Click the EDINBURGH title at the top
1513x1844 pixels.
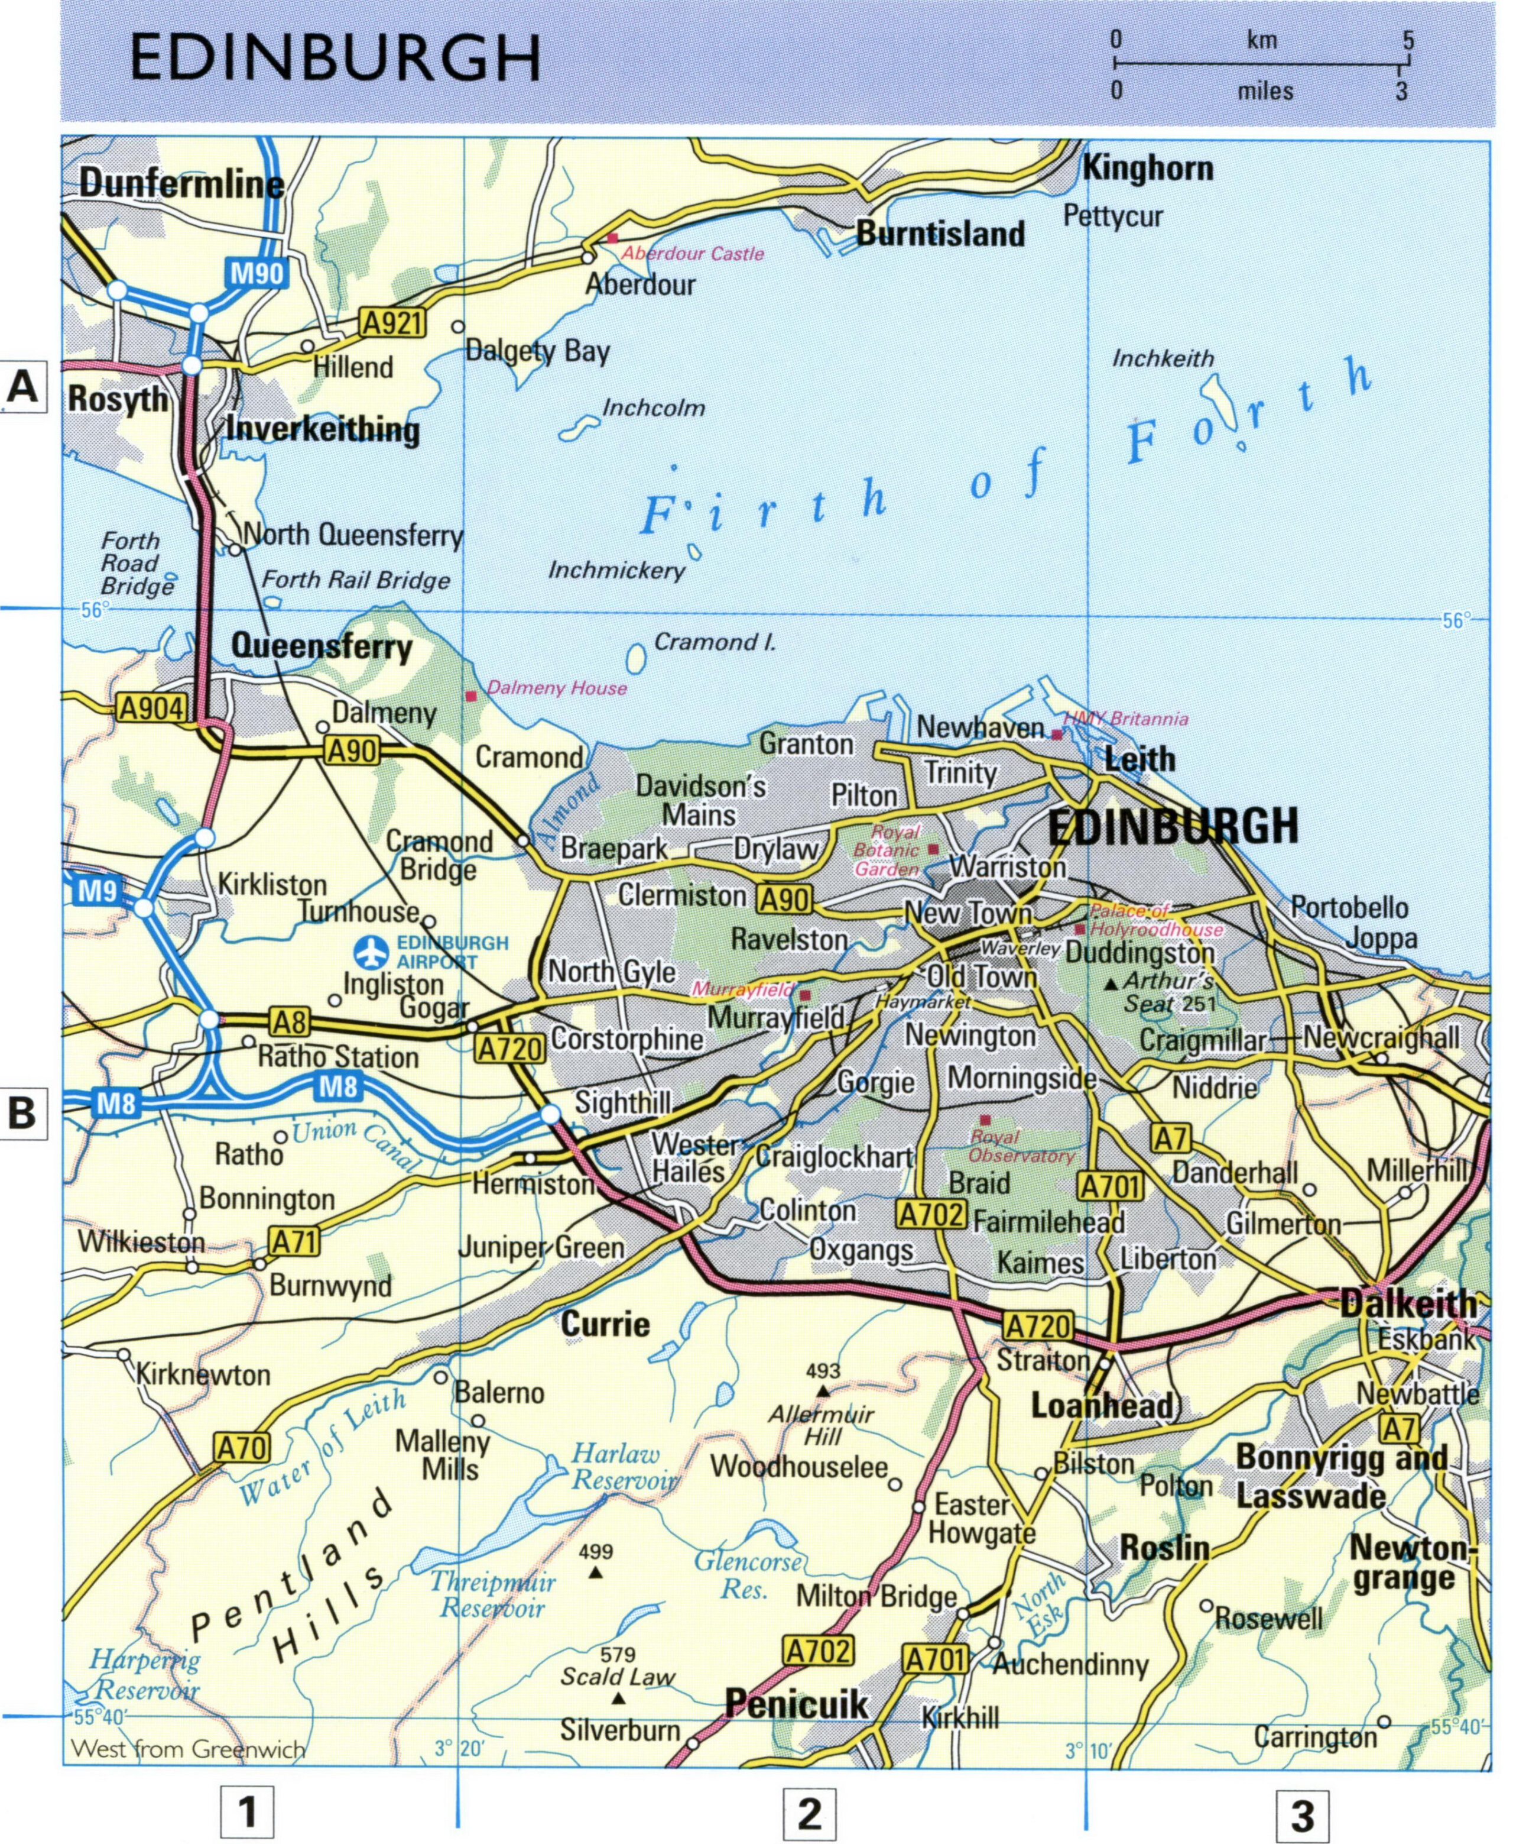[336, 59]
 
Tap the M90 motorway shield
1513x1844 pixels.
[257, 274]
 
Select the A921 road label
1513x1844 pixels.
[393, 324]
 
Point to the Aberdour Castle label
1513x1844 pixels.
[693, 254]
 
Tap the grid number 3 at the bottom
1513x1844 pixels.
[1302, 1815]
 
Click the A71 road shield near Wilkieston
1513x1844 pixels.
[294, 1241]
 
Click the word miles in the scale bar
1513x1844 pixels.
[1265, 90]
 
